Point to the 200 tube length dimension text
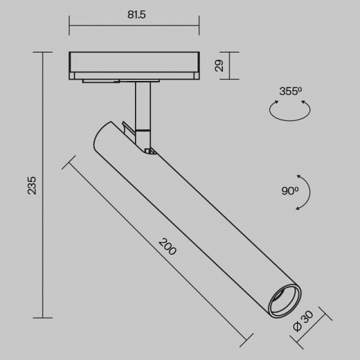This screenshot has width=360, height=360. (167, 246)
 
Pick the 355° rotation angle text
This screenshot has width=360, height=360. (288, 91)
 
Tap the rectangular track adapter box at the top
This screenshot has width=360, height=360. (134, 66)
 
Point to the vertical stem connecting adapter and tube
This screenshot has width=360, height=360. (142, 104)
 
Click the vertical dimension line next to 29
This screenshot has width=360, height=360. (228, 66)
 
